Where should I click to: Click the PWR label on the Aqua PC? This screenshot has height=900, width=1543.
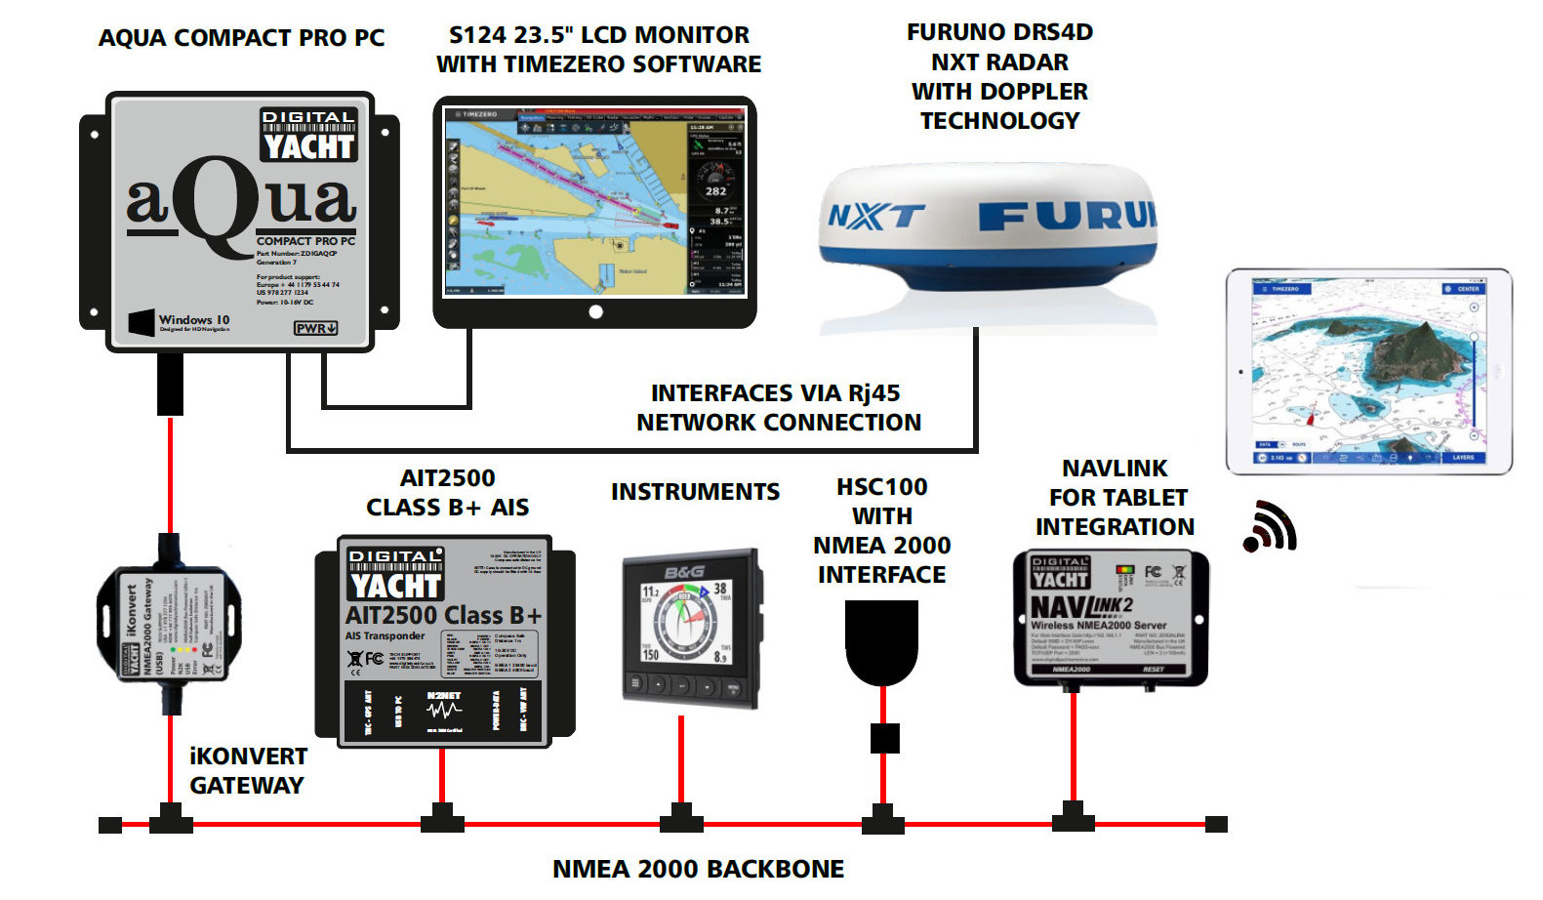(x=315, y=328)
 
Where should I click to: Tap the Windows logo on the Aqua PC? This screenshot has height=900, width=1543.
(x=142, y=322)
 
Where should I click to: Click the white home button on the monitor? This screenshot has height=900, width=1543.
(x=595, y=312)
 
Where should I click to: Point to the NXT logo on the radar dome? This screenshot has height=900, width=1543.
(x=875, y=216)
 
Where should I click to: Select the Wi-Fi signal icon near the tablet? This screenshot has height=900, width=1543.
(x=1269, y=527)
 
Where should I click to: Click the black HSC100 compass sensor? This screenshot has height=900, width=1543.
(x=881, y=640)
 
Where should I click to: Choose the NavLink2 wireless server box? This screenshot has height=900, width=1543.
(x=1111, y=616)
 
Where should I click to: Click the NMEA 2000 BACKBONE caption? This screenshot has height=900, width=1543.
(x=698, y=869)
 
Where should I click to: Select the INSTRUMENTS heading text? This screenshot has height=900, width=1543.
(x=695, y=492)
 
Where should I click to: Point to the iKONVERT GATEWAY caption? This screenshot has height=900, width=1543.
(x=247, y=771)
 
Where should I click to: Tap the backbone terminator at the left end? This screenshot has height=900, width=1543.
(x=110, y=825)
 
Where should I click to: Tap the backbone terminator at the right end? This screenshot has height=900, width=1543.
(x=1216, y=825)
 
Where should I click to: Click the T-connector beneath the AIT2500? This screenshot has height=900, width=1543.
(x=442, y=819)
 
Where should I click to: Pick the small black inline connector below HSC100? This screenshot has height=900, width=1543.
(x=884, y=738)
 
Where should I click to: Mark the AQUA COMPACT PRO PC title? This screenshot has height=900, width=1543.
(x=241, y=38)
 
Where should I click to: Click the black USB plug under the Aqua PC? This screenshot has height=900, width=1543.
(x=170, y=383)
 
